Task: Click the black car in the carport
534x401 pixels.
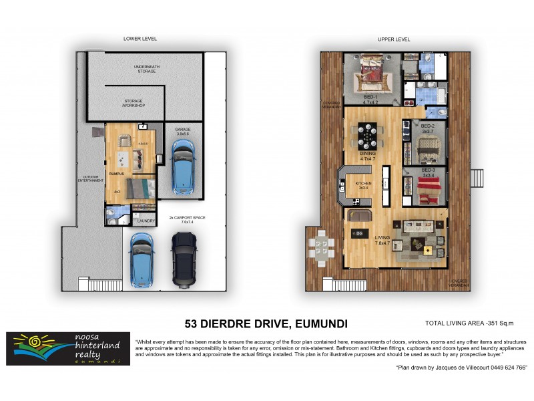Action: pyautogui.click(x=184, y=260)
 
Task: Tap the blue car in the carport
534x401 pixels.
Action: pyautogui.click(x=143, y=259)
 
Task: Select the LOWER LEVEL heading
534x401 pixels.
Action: pyautogui.click(x=140, y=39)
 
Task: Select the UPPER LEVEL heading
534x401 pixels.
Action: pyautogui.click(x=394, y=39)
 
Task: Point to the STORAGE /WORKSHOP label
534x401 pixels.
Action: pyautogui.click(x=134, y=104)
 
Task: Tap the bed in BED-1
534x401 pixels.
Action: pyautogui.click(x=369, y=74)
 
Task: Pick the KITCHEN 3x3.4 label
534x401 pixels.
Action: pyautogui.click(x=363, y=184)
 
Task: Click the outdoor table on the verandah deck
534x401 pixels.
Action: pyautogui.click(x=322, y=245)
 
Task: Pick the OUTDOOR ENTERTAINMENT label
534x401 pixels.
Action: pyautogui.click(x=91, y=179)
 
